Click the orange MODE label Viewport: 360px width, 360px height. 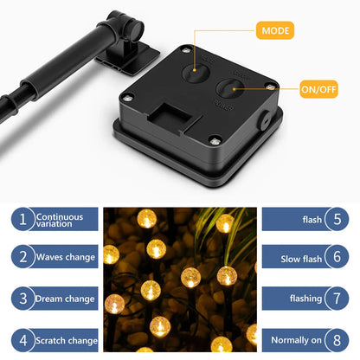coord(275,30)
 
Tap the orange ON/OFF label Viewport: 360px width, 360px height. coord(318,89)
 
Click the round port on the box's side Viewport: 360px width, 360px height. coord(264,119)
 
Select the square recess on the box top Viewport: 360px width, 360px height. coord(170,116)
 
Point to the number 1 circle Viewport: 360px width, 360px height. coord(23,219)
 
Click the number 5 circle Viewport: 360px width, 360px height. coord(337,219)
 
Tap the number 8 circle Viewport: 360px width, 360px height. coord(337,340)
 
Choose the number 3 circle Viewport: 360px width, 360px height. coord(23,299)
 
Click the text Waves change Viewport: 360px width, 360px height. coord(66,257)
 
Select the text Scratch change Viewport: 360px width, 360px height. coord(67,340)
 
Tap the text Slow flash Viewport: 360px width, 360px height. coord(301,259)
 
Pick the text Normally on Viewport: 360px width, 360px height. coord(296,340)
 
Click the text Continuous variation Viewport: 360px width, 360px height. coord(60,221)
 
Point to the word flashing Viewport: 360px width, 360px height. coord(305,299)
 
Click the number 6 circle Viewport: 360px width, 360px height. coord(337,257)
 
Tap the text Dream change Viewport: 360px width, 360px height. coord(65,299)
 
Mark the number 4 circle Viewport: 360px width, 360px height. coord(23,340)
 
